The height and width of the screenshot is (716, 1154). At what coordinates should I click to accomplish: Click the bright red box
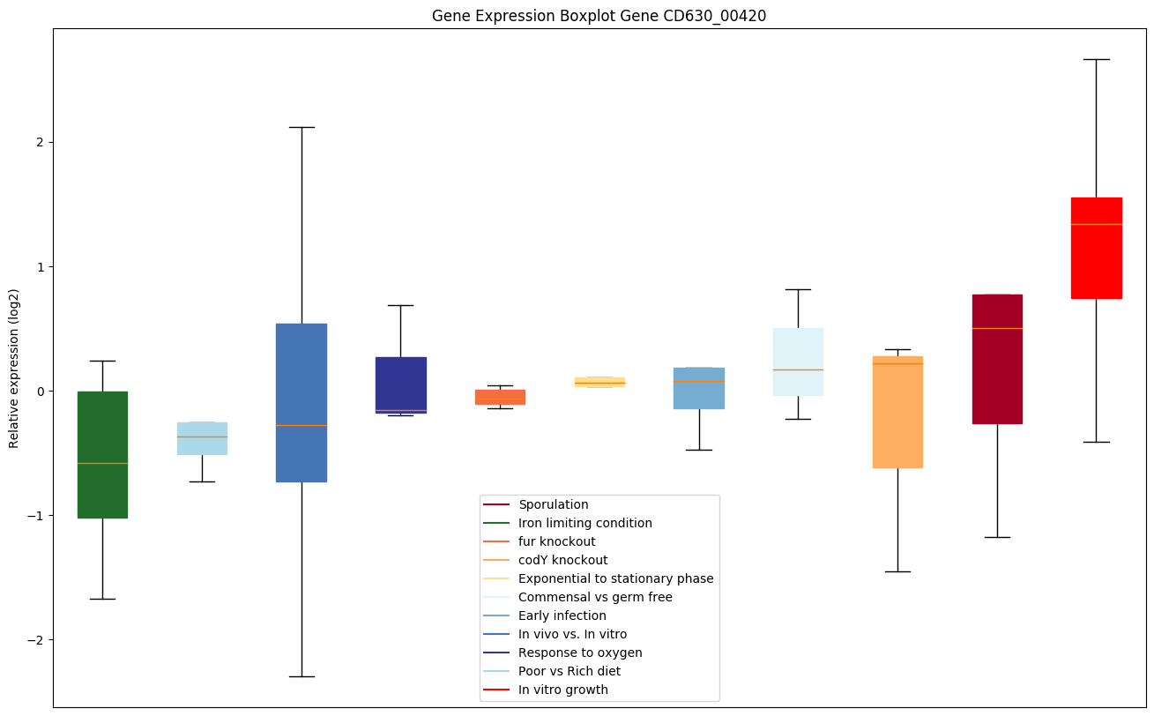pos(1096,248)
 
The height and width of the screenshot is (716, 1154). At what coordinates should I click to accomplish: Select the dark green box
pos(102,454)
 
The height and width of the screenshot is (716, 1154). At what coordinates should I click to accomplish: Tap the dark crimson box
pos(997,359)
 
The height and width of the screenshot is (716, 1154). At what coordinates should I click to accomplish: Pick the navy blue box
pos(400,384)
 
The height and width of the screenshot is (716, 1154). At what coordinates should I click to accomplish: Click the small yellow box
pos(599,382)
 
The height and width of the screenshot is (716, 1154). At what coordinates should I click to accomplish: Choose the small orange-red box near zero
pos(500,397)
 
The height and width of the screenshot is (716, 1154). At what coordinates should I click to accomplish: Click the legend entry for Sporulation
pos(553,504)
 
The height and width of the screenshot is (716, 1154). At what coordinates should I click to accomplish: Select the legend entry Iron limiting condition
pos(584,523)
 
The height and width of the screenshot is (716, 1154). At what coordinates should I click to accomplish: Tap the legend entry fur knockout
pos(556,541)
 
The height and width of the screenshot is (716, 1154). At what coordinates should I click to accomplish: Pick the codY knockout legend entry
pos(562,560)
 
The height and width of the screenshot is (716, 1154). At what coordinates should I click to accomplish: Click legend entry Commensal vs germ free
pos(595,597)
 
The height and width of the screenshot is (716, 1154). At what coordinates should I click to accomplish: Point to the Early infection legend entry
pos(562,615)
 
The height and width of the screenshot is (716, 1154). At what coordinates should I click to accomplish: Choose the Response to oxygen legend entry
pos(580,653)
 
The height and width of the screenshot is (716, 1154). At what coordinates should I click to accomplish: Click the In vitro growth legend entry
pos(562,690)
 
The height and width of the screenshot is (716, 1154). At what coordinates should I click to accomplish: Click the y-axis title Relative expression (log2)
pos(14,368)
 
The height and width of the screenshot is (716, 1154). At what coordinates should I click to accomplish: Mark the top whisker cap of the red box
pos(1096,59)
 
